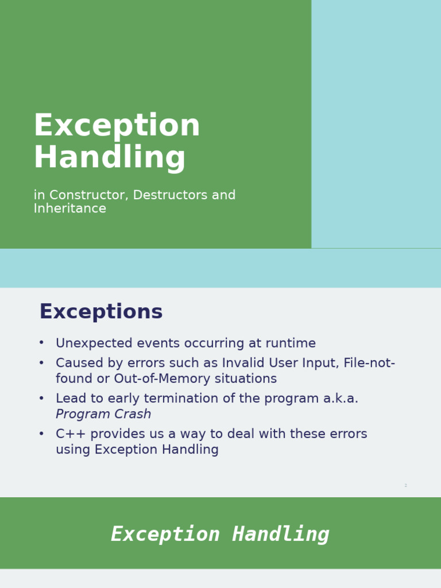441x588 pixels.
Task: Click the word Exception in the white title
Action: tap(117, 126)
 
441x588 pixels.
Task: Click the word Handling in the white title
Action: tap(110, 157)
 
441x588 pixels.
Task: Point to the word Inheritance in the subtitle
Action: tap(69, 209)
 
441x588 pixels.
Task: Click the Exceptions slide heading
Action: tap(100, 312)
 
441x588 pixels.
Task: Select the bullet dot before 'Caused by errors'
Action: tap(41, 363)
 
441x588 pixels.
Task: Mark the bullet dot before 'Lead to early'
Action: tap(41, 399)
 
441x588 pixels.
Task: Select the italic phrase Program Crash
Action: tap(103, 415)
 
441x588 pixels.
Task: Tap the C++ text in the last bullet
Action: tap(71, 434)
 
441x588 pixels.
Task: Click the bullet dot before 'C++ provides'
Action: tap(41, 434)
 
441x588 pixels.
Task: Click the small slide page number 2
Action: tap(405, 486)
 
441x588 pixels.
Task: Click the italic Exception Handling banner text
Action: tap(220, 534)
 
